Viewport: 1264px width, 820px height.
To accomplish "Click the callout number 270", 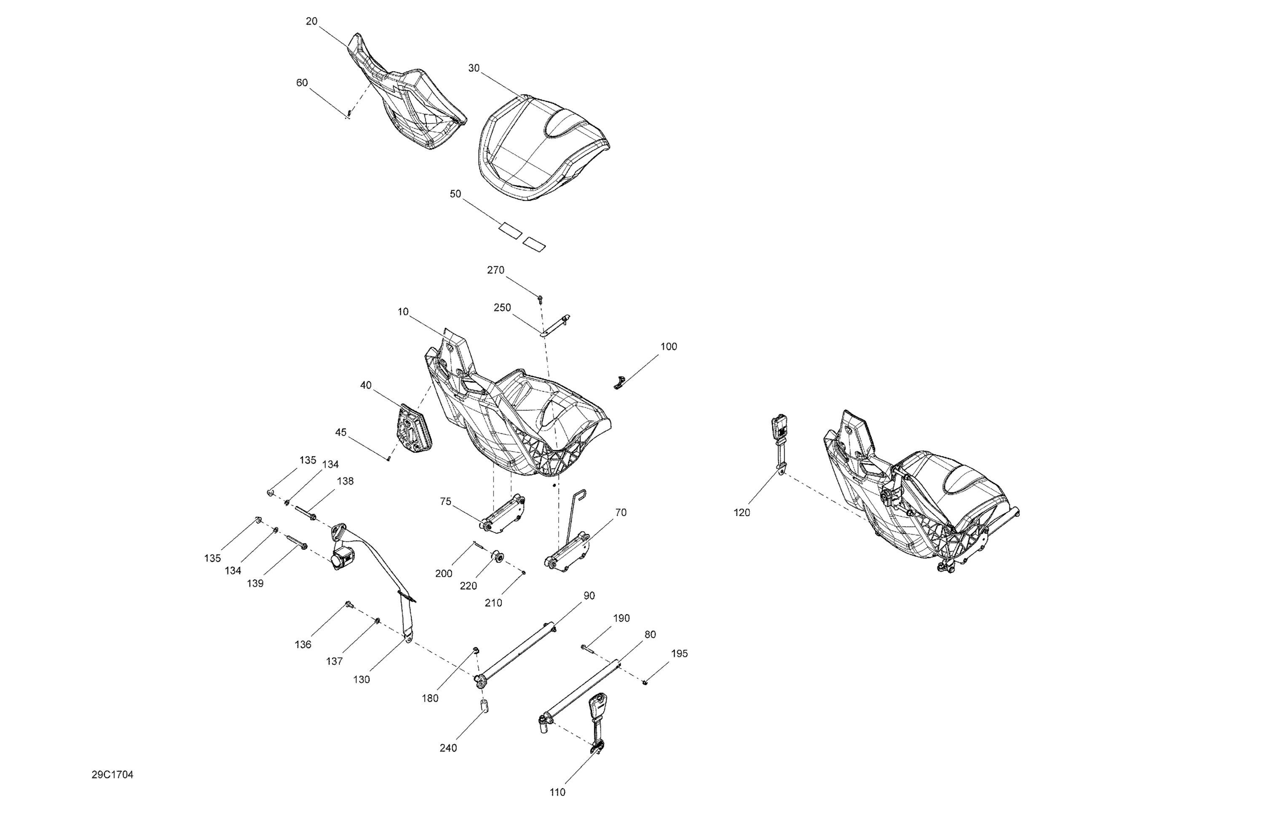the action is (x=495, y=270).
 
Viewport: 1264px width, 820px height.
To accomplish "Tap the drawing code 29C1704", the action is (x=112, y=775).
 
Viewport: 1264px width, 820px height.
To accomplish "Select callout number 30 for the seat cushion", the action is (x=474, y=68).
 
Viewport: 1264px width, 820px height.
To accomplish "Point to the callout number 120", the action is (x=742, y=512).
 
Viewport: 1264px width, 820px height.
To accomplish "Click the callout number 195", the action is (x=679, y=653).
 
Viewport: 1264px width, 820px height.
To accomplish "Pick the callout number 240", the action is (x=448, y=748).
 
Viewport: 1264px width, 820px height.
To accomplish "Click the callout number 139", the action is (x=255, y=583).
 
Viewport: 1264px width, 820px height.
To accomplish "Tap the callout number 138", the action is (x=345, y=481).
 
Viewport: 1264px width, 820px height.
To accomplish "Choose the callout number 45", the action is (x=341, y=432).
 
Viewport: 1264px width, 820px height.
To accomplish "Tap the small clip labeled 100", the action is (x=620, y=382).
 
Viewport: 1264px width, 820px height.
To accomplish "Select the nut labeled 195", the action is (x=645, y=683).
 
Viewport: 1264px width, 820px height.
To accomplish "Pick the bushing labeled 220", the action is (x=498, y=558).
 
